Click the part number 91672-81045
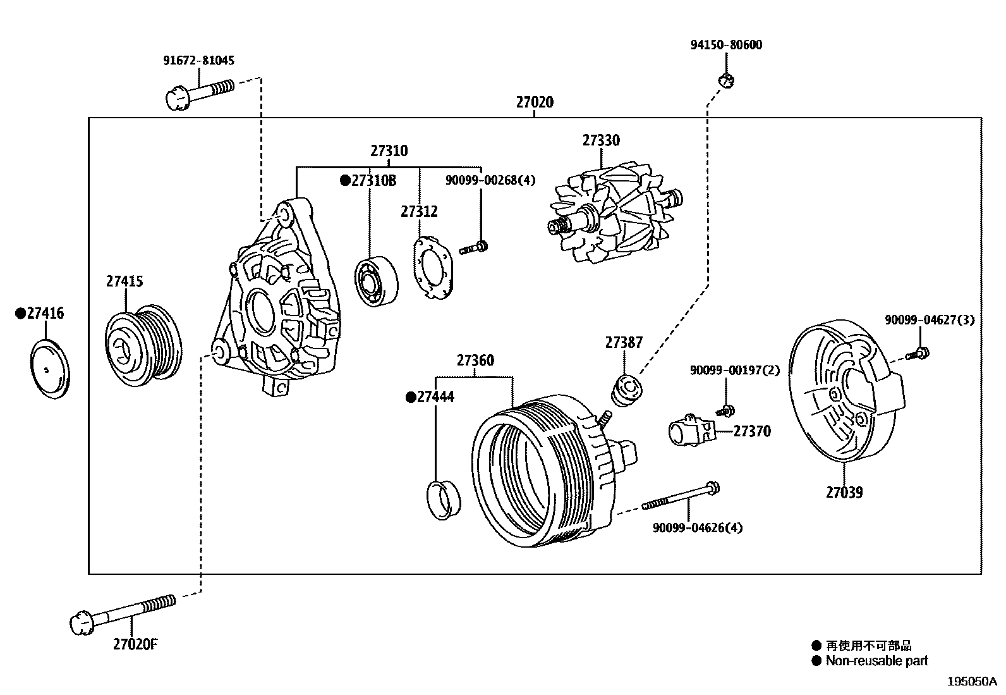tap(198, 61)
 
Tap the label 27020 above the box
tap(534, 102)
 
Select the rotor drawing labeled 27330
tap(610, 215)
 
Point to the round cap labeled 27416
tap(49, 369)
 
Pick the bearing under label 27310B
tap(376, 281)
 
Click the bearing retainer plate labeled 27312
tap(434, 267)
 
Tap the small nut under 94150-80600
tap(727, 80)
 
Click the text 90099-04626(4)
tap(697, 527)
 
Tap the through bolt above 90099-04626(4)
tap(682, 496)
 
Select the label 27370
tap(752, 431)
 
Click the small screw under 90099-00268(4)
tap(473, 248)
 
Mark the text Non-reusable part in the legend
tap(877, 661)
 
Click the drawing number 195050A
tap(971, 682)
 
